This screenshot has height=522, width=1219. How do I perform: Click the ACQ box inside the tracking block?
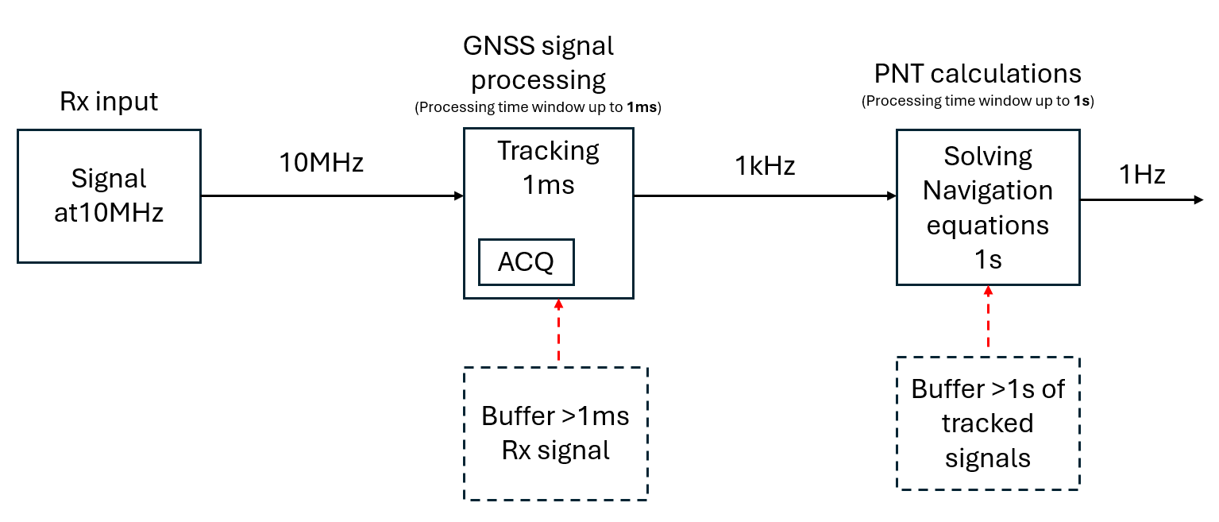pos(526,263)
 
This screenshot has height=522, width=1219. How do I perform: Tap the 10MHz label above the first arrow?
pos(321,163)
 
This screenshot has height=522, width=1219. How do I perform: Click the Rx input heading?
pos(109,102)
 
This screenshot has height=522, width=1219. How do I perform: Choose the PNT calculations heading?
pos(978,74)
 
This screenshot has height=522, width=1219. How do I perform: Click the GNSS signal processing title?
pos(538,63)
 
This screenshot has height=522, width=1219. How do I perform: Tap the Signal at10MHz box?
pos(109,195)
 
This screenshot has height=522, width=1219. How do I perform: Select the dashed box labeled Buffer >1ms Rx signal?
pos(556,433)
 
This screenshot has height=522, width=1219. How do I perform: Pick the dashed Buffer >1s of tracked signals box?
pos(988,423)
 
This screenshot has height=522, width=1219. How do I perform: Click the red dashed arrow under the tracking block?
pos(558,332)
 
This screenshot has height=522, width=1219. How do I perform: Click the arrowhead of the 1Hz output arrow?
pos(1198,199)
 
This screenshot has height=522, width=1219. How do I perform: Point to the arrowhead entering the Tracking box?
pos(458,195)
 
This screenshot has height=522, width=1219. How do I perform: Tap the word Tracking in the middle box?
pos(548,150)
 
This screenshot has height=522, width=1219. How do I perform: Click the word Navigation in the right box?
pos(988,191)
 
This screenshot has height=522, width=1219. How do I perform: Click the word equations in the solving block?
pos(988,225)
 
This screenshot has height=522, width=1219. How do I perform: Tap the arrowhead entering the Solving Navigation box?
pos(891,195)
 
